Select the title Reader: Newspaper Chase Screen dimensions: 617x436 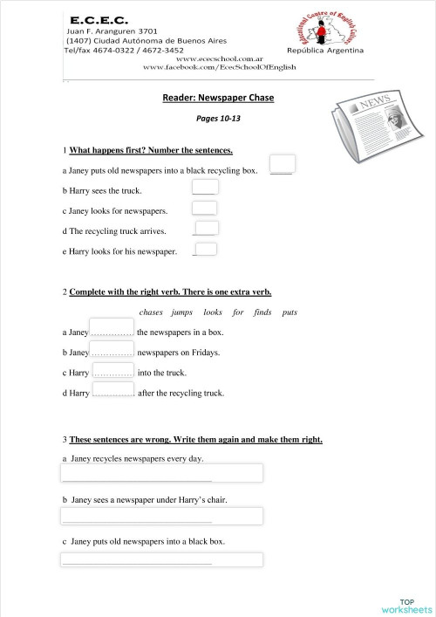(218, 98)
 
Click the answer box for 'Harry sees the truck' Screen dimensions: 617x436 (205, 187)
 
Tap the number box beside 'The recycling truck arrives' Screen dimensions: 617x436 (207, 229)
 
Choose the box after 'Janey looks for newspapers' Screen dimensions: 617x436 (204, 208)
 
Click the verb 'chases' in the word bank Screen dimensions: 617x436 (151, 312)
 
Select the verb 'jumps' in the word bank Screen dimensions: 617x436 (182, 312)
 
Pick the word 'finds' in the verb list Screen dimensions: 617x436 (262, 312)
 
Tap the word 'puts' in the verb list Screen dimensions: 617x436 (290, 312)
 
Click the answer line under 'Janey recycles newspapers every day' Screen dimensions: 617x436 (161, 473)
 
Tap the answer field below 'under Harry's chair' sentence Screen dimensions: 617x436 (161, 516)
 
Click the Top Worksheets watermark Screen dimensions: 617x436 (406, 606)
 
